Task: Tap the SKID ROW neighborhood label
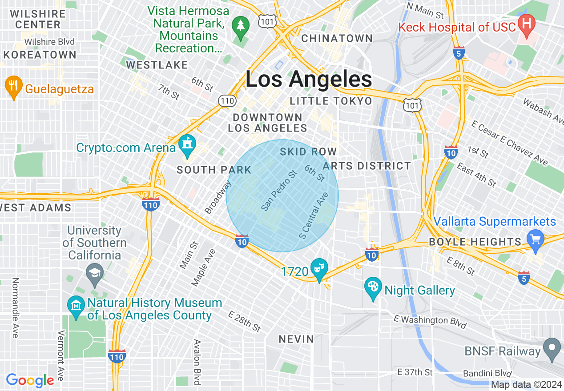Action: click(308, 152)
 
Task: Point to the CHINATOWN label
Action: click(337, 39)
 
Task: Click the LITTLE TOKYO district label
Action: click(331, 101)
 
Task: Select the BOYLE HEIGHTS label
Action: click(475, 242)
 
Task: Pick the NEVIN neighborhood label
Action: click(296, 339)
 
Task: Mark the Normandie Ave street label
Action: click(15, 307)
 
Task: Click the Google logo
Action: click(30, 380)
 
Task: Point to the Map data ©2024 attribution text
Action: click(526, 384)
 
